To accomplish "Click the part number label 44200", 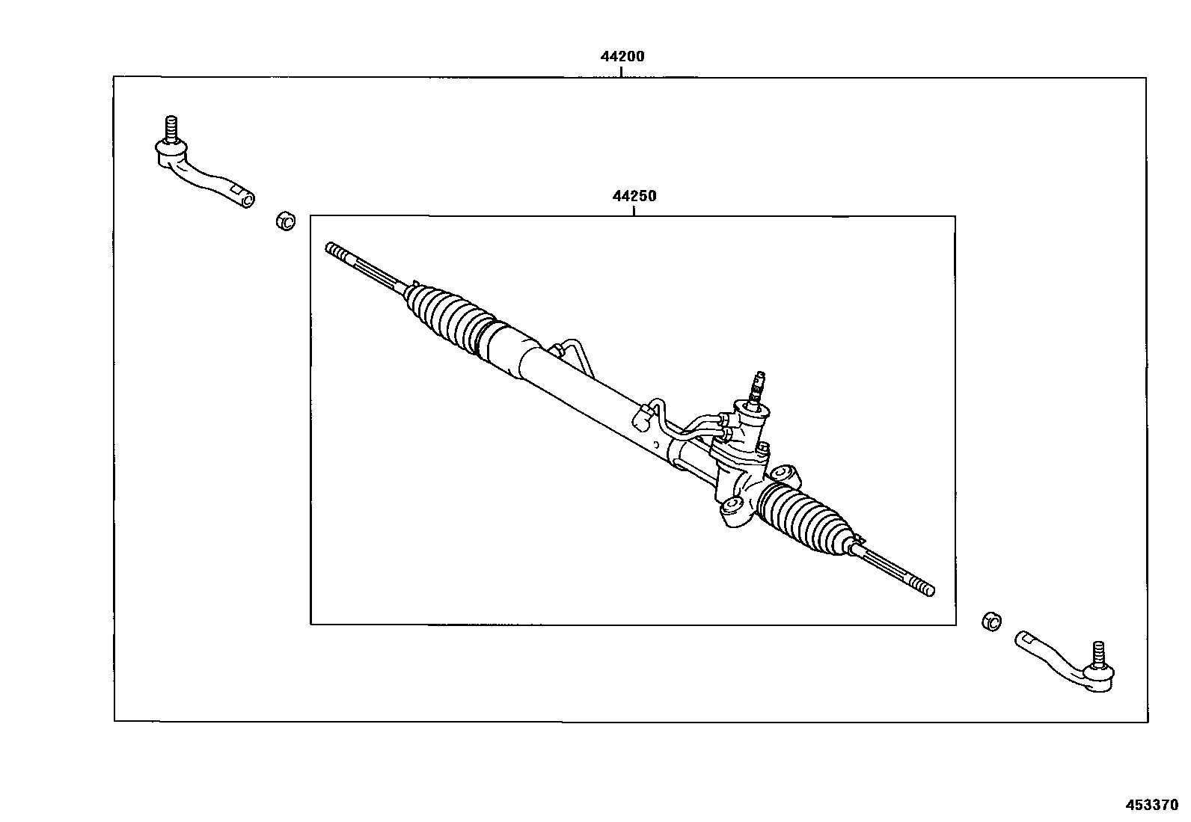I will click(622, 56).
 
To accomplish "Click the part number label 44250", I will click(634, 196).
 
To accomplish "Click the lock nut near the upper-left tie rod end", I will click(285, 221).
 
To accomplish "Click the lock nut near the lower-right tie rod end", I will click(991, 621).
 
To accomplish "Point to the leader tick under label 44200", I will click(621, 72).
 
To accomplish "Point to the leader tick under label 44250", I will click(634, 210).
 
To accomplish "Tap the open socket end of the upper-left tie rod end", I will click(247, 198).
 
